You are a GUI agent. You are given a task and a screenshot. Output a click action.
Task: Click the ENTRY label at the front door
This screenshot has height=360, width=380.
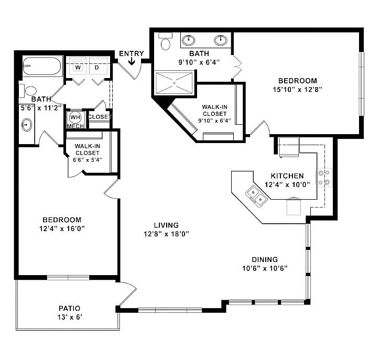point(131,53)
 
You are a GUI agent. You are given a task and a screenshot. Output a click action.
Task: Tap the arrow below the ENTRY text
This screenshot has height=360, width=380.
point(131,62)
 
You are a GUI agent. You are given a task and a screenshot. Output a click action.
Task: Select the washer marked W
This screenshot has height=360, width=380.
point(78,68)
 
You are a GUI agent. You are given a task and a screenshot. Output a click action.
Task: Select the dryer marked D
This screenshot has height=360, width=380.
point(97,68)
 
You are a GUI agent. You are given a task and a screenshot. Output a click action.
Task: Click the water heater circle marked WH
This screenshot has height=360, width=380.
point(74,117)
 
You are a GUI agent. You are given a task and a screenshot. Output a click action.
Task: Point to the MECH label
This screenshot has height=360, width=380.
point(74,126)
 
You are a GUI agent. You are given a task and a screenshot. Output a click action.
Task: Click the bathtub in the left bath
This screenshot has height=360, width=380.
point(42,67)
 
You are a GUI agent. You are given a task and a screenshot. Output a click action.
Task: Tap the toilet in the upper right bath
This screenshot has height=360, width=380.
point(166,42)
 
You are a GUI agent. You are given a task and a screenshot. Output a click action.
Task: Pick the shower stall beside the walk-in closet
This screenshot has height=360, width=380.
point(175,82)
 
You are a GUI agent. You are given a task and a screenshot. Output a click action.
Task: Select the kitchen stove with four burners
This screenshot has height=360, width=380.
point(324,177)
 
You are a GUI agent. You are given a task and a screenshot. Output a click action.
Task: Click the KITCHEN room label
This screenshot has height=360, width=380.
point(287,176)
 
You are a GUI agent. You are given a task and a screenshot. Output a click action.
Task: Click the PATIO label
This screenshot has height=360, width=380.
point(70,309)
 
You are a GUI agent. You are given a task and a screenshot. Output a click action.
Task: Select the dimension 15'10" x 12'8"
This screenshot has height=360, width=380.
point(297,89)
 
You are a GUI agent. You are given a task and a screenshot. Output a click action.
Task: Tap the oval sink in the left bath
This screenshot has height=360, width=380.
point(26,125)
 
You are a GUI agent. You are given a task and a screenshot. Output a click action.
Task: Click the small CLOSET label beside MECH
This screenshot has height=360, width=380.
point(100,117)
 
